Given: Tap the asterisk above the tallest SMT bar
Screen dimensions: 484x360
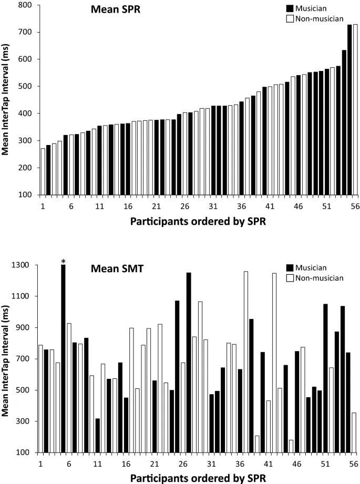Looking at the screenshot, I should tap(63, 261).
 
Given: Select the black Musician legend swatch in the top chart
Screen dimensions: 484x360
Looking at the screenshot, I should tap(289, 8).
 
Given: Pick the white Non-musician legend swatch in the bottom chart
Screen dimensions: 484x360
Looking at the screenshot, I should tap(289, 277).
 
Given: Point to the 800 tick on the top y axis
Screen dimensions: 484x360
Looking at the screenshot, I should tap(24, 5).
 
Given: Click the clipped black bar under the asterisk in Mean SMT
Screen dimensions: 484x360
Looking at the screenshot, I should tap(63, 357).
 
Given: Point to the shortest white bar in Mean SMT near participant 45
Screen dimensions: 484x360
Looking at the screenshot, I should tap(291, 446).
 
